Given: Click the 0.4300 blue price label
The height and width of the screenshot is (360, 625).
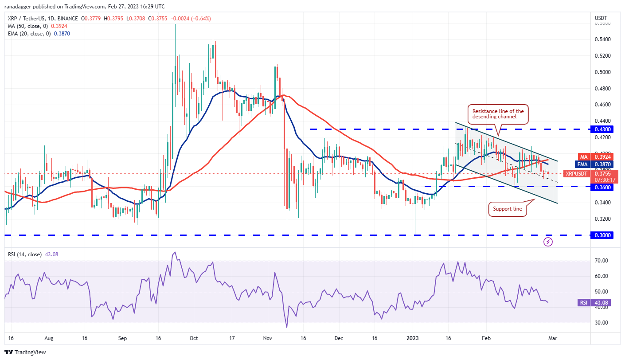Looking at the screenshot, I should [602, 129].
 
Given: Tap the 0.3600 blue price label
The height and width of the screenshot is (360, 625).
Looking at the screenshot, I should [602, 188].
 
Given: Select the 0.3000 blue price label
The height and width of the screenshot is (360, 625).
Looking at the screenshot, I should [602, 235].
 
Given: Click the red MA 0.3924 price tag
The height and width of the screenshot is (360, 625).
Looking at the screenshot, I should [602, 157].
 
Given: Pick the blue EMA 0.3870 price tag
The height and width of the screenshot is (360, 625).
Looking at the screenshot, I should [602, 164].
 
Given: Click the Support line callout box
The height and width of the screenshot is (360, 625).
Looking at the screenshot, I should [508, 209].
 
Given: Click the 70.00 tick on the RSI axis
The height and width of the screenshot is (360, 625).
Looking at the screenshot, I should [601, 261].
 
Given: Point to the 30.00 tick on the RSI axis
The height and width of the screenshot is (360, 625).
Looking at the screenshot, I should [601, 323].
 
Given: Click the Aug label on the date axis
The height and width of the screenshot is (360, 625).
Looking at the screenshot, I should [49, 338].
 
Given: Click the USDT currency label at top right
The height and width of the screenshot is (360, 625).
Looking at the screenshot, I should [601, 18].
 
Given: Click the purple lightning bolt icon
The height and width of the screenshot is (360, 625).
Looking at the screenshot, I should [548, 242].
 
